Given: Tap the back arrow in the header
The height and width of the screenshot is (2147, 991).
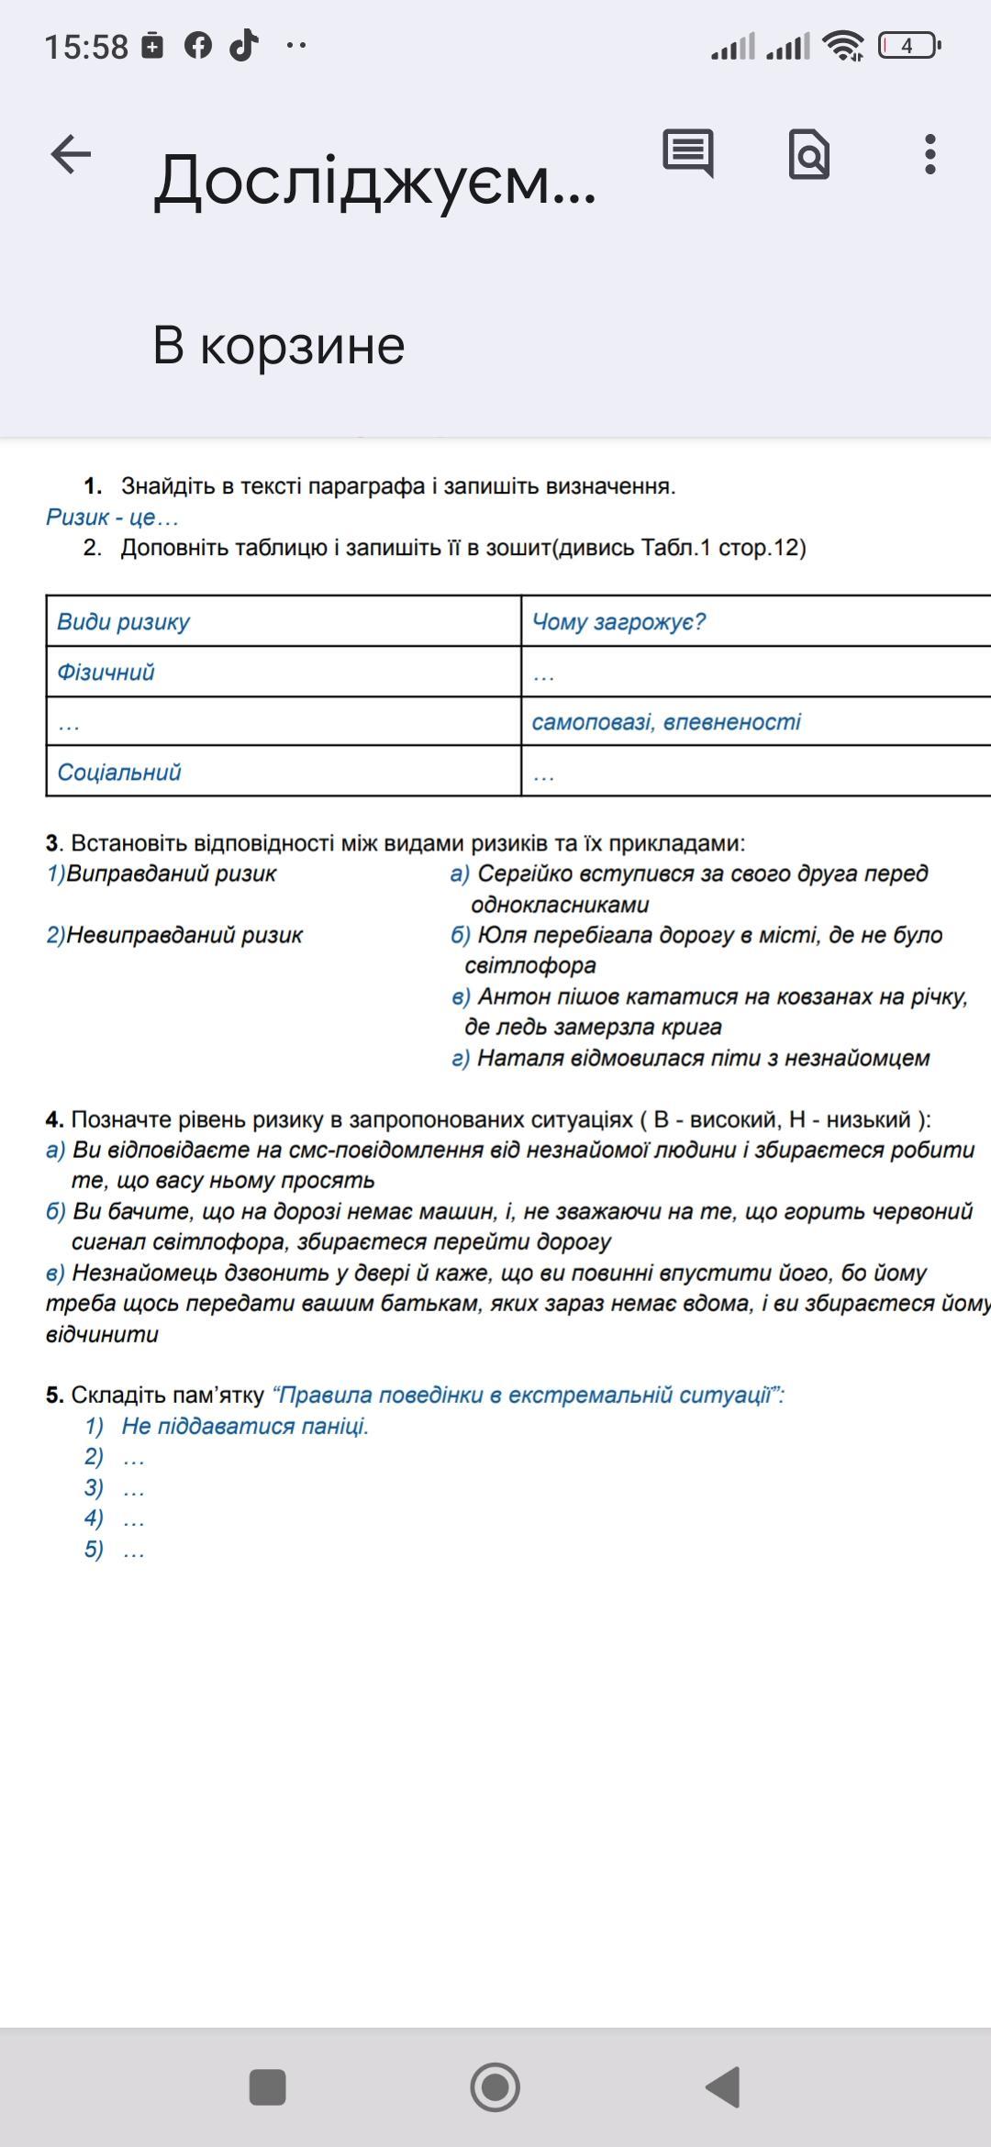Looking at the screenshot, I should [x=71, y=154].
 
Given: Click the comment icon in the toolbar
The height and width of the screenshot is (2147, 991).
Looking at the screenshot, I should [x=688, y=153].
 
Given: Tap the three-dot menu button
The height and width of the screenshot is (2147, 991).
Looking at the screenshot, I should [x=930, y=154].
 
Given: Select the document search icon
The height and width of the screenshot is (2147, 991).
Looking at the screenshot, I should [x=808, y=154].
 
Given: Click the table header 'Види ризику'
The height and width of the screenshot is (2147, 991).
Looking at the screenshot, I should [x=124, y=622].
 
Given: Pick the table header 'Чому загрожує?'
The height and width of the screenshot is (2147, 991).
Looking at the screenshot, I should [x=618, y=622].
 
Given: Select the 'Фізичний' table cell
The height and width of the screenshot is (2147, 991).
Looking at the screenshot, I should [x=106, y=673].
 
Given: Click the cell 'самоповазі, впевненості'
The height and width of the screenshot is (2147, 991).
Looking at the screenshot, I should [x=666, y=722].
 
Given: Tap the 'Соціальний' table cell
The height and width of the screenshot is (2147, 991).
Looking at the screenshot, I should [x=119, y=773].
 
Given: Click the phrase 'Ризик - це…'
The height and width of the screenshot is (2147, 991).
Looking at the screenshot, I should [x=112, y=517].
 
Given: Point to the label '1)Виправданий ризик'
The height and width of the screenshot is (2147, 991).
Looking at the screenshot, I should [x=161, y=873].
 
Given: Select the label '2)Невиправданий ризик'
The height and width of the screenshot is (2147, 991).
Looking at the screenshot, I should [x=174, y=935].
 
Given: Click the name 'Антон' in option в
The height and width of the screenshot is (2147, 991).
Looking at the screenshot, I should [x=507, y=996].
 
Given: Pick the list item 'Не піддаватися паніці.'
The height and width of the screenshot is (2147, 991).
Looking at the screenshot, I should [x=245, y=1426].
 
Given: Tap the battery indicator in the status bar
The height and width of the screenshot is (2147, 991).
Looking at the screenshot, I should [x=908, y=45].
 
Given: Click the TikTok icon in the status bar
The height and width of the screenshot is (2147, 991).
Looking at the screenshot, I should [x=243, y=44].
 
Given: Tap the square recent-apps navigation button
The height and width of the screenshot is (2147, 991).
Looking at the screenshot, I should [x=268, y=2087].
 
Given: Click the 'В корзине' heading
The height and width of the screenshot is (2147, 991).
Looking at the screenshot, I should [x=279, y=346].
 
